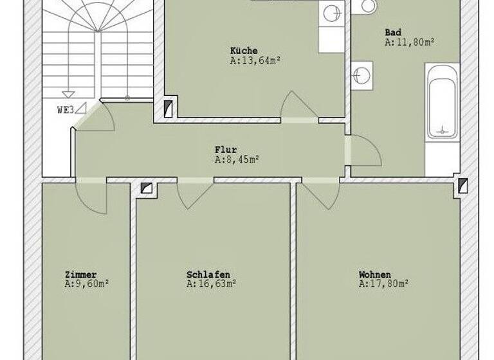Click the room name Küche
click(244, 51)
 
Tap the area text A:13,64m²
click(255, 60)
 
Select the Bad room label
click(393, 32)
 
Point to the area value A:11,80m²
click(409, 42)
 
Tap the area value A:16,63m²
click(211, 283)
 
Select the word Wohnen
click(374, 274)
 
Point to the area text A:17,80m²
click(384, 283)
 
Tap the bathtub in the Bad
click(443, 103)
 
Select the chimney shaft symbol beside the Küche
click(169, 109)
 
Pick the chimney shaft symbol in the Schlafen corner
click(146, 188)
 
